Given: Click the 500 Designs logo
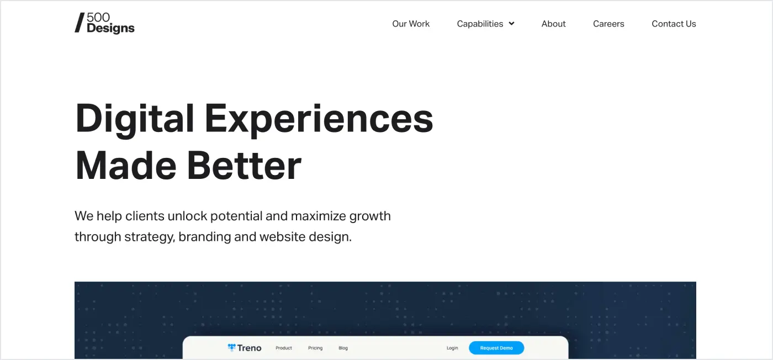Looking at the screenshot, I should click(105, 23).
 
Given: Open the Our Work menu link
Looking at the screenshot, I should click(411, 24).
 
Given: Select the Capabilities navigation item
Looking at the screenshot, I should click(480, 24).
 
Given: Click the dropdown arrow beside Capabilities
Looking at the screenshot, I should click(511, 24).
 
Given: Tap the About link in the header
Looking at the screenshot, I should click(553, 24).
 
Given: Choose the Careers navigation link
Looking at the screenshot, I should click(608, 24).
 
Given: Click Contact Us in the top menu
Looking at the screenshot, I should click(674, 24).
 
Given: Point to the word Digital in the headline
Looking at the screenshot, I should click(135, 118).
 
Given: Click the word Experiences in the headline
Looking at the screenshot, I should click(319, 118).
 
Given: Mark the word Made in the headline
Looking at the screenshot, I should click(125, 165).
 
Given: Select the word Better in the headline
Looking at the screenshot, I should click(244, 165).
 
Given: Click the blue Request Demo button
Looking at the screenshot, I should click(496, 348).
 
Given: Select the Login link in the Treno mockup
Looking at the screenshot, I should click(452, 348).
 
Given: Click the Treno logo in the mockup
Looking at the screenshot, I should click(245, 348).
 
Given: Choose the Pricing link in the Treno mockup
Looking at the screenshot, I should click(315, 348).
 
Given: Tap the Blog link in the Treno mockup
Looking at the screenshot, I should click(343, 348).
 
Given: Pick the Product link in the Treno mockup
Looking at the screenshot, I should click(284, 348).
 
